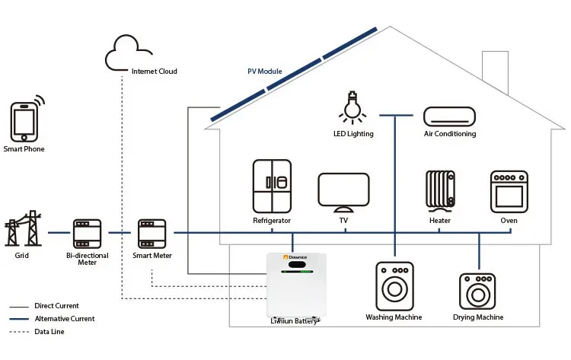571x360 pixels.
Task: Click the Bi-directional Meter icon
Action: tap(87, 232)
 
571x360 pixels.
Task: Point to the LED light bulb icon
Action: tap(352, 108)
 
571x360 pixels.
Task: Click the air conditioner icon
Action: tap(449, 116)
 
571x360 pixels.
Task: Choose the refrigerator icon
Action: tap(272, 186)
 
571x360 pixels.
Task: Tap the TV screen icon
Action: tap(343, 191)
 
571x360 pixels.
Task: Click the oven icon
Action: tap(509, 191)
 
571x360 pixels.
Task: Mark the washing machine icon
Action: tap(394, 286)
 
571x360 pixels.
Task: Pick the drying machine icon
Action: tap(477, 292)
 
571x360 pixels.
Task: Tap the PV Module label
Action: tap(264, 72)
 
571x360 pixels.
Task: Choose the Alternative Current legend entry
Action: tap(65, 319)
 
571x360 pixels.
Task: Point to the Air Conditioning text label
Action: tap(449, 134)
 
